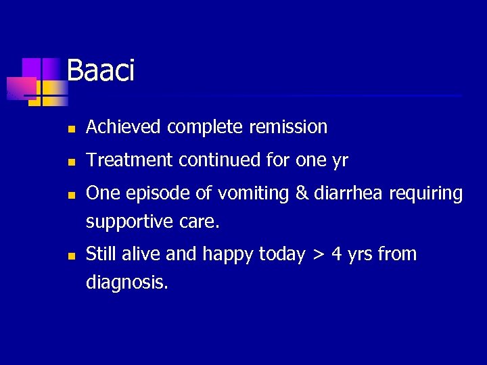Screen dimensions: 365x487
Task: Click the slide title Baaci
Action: point(101,70)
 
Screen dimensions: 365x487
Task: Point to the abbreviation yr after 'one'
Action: point(340,160)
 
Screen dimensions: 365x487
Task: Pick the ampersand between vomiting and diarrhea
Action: point(301,193)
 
